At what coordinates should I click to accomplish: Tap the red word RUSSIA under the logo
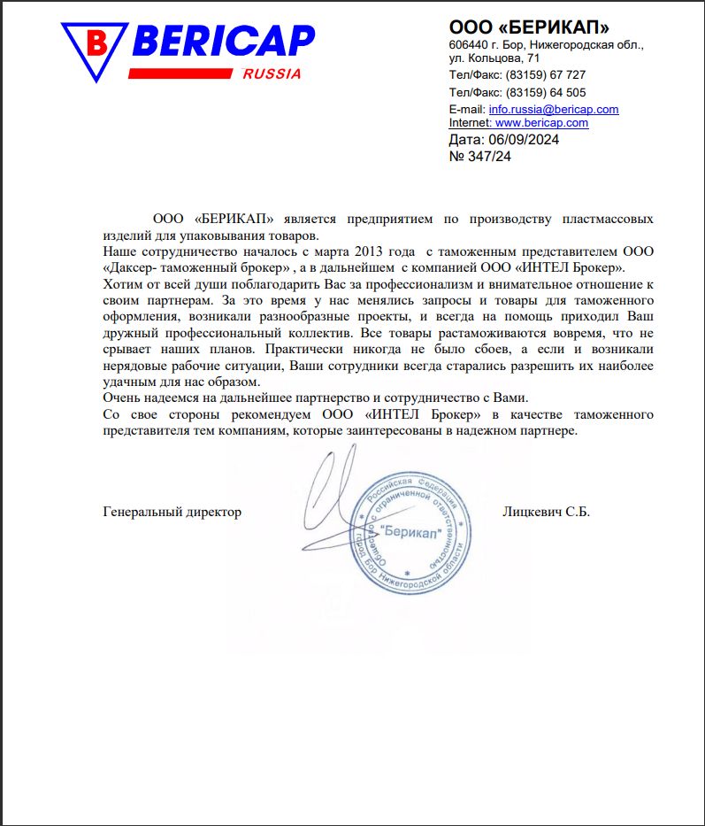click(271, 74)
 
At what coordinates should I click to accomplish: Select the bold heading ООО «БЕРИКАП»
click(529, 27)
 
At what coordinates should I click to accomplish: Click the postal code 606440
click(470, 44)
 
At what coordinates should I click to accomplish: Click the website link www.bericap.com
click(541, 123)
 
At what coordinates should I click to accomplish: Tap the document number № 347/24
click(480, 157)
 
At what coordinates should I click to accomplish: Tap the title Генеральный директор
click(172, 512)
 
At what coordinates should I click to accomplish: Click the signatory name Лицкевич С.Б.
click(546, 512)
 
